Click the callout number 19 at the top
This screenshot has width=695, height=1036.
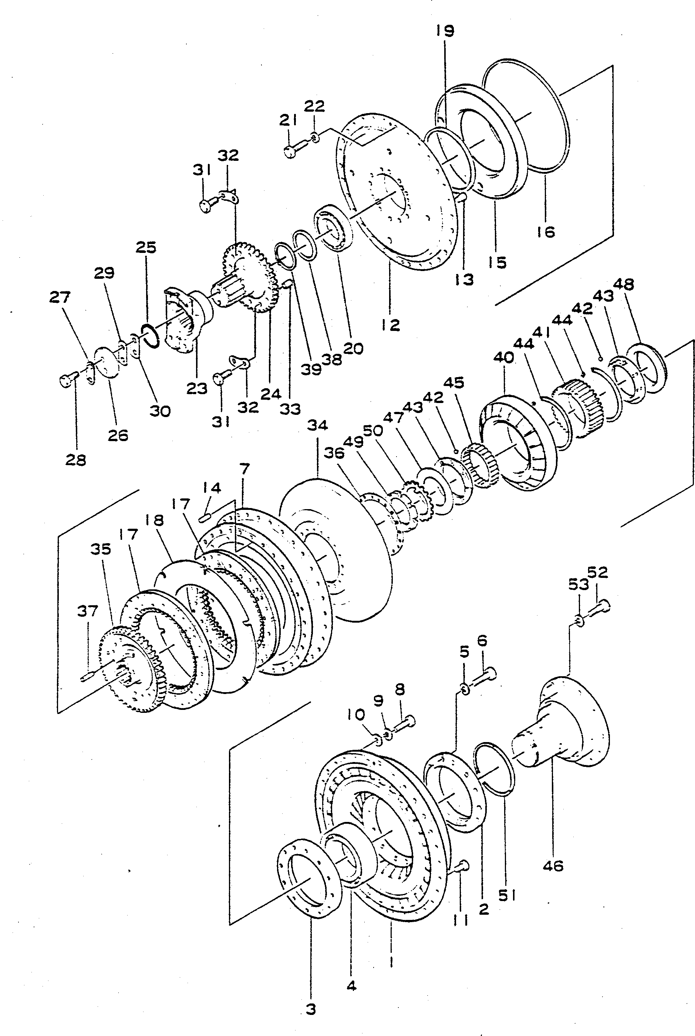pyautogui.click(x=445, y=31)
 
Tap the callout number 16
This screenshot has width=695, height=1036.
pyautogui.click(x=546, y=232)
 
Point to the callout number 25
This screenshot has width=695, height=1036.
pyautogui.click(x=146, y=247)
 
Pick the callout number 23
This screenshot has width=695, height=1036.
pyautogui.click(x=197, y=389)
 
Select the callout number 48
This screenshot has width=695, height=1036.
pyautogui.click(x=624, y=284)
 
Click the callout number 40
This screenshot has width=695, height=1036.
pyautogui.click(x=503, y=357)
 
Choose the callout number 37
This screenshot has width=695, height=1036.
pyautogui.click(x=87, y=611)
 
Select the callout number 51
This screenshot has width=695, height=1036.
pyautogui.click(x=507, y=896)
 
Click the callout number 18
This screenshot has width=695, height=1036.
pyautogui.click(x=154, y=520)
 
